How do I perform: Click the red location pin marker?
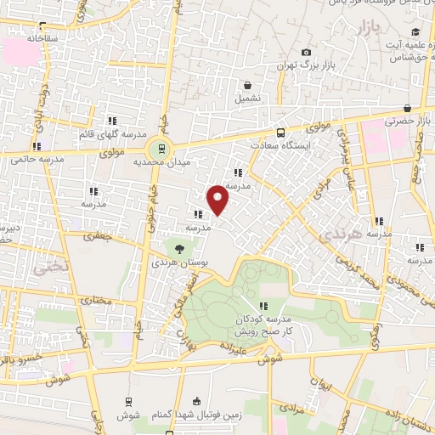click(x=218, y=199)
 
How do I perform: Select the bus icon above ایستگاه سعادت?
click(x=280, y=133)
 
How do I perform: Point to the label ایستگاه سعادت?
click(x=281, y=146)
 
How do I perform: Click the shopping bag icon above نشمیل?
click(x=246, y=85)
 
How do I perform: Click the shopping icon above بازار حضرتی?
click(x=408, y=108)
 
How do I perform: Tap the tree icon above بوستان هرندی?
click(x=179, y=248)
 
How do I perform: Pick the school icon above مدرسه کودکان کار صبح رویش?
click(x=263, y=306)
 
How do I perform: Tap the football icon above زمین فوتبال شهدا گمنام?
click(x=198, y=401)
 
